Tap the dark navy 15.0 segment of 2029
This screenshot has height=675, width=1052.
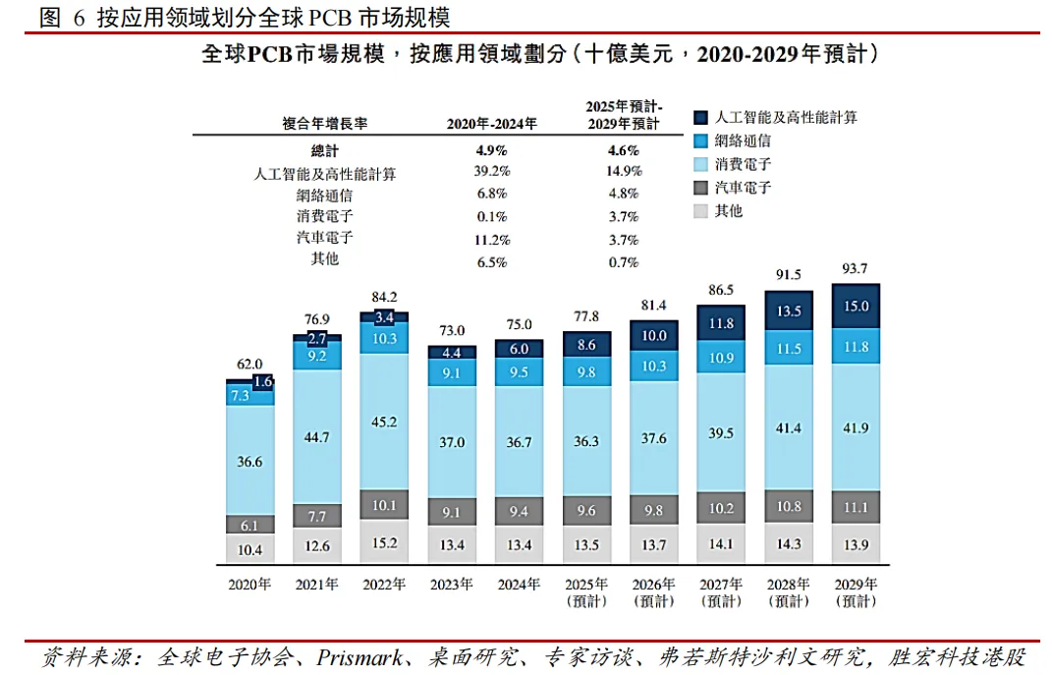pos(856,307)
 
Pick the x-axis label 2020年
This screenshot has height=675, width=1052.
pos(249,584)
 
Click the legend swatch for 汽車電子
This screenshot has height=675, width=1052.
pos(699,188)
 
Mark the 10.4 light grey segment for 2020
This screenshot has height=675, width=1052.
pos(249,549)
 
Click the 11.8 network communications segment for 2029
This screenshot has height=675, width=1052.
pos(856,346)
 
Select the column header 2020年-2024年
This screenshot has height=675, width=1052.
pos(491,124)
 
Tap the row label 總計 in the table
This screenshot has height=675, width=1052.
pos(324,150)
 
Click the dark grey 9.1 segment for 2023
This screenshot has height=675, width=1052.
pos(452,512)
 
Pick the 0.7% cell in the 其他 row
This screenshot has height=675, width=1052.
pos(623,262)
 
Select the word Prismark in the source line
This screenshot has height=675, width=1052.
pos(360,656)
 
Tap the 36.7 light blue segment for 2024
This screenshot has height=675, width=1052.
pos(519,442)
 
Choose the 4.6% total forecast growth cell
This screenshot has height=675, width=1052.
pos(623,150)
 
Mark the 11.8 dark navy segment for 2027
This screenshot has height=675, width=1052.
pos(721,323)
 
